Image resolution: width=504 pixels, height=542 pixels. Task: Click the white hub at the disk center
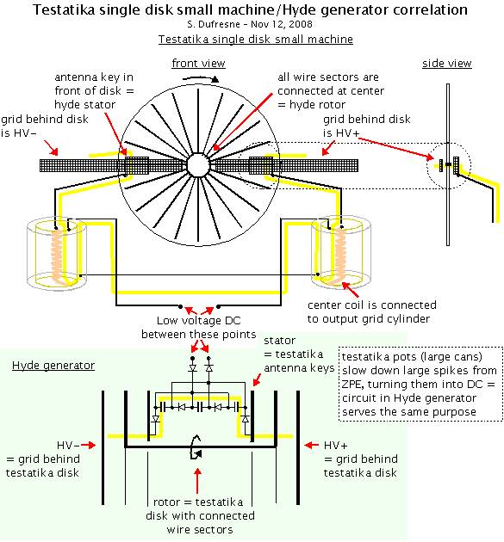[x=198, y=165]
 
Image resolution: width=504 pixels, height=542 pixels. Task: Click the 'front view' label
[x=199, y=64]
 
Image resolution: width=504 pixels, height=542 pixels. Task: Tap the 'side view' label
[x=447, y=64]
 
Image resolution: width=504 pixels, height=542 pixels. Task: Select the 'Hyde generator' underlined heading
[x=53, y=366]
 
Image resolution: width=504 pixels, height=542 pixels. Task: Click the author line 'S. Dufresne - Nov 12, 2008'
[x=250, y=24]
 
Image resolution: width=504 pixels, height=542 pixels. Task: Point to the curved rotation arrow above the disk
[x=201, y=79]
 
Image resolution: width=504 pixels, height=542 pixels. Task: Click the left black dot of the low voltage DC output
[x=180, y=306]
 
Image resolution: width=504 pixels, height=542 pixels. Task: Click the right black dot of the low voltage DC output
[x=218, y=306]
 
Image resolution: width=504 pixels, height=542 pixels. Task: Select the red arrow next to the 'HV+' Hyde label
[x=312, y=445]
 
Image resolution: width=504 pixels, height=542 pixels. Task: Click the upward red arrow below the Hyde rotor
[x=197, y=481]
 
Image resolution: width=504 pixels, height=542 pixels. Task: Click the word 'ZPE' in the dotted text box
[x=353, y=384]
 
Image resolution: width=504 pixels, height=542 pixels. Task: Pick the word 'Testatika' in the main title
[x=64, y=9]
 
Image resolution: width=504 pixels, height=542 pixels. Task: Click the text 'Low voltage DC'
[x=199, y=321]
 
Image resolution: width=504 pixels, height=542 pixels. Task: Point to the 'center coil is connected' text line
[x=372, y=305]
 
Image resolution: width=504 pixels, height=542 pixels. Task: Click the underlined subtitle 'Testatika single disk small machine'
[x=256, y=39]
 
